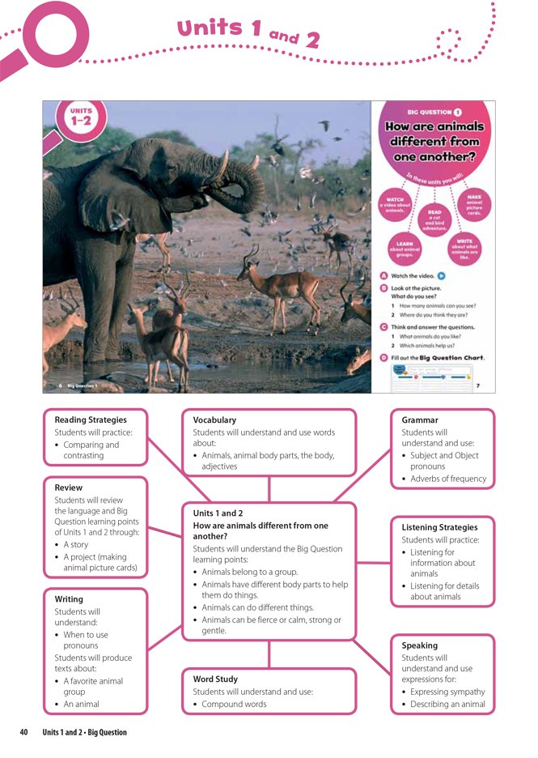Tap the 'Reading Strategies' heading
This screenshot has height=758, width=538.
[90, 419]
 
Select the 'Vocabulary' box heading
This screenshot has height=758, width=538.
[214, 419]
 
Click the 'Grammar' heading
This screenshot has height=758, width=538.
[420, 419]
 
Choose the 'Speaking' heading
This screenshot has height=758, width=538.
[420, 645]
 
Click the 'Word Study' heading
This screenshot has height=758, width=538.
[215, 679]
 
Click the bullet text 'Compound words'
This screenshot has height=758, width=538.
[235, 704]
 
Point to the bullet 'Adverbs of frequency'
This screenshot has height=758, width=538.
[448, 479]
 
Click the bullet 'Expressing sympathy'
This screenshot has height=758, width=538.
[447, 692]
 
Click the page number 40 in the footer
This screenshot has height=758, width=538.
[25, 732]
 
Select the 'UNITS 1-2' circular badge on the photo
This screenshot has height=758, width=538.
[81, 119]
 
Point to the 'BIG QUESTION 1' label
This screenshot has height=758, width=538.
[434, 112]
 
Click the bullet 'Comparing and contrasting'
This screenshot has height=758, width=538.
[91, 450]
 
